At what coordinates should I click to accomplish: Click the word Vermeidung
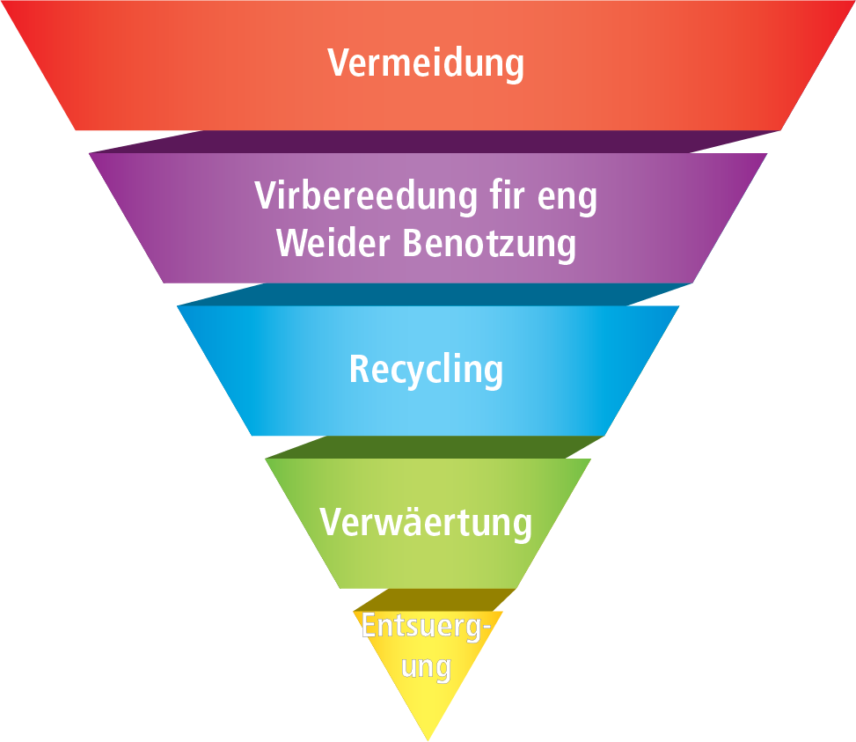pyautogui.click(x=426, y=63)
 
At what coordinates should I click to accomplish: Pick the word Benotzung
pyautogui.click(x=490, y=244)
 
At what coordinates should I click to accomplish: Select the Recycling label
pyautogui.click(x=426, y=370)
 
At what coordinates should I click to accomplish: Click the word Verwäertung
pyautogui.click(x=426, y=522)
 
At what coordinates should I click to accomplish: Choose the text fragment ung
pyautogui.click(x=426, y=668)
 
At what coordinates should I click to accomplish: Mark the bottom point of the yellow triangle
pyautogui.click(x=428, y=738)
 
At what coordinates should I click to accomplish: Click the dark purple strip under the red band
pyautogui.click(x=431, y=142)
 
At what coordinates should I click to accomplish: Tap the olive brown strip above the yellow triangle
pyautogui.click(x=431, y=599)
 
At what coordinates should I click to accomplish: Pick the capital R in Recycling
pyautogui.click(x=359, y=369)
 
